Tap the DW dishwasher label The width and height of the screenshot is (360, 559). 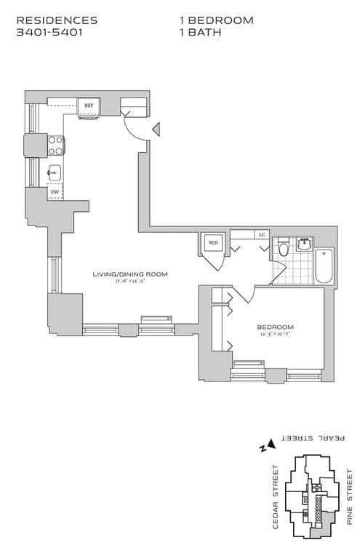coord(55,193)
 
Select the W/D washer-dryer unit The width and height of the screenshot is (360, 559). coord(214,243)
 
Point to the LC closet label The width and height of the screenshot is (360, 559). coord(261,234)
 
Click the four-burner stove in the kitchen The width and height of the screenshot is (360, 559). coord(55,146)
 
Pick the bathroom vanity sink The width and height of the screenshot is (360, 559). coord(305,244)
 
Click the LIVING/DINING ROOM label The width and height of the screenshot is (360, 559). coord(130,274)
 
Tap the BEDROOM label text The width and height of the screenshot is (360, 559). coord(275,327)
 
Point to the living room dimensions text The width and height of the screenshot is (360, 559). coord(130,281)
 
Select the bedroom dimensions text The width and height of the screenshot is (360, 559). coord(275,334)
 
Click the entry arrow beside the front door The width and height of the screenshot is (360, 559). coord(154,130)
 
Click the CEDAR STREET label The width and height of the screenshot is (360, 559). coord(276,503)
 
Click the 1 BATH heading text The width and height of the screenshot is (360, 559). coord(201,33)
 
